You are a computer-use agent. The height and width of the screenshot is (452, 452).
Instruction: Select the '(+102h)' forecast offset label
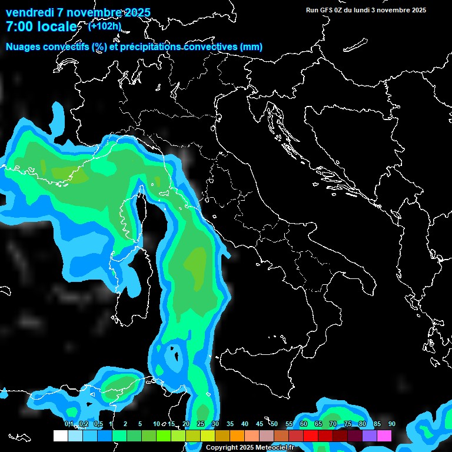coord(105,26)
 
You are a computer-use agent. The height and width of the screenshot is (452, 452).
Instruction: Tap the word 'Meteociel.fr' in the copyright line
coord(277,448)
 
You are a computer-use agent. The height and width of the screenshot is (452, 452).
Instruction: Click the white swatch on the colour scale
coord(61,436)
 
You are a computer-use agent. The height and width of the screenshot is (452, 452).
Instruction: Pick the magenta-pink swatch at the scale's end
coord(384,436)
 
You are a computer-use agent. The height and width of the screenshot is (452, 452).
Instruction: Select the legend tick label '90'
coord(391,424)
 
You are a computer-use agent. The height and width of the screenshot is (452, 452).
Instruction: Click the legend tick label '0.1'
coord(68,424)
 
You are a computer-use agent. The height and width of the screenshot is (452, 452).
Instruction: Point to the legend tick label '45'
coord(260,424)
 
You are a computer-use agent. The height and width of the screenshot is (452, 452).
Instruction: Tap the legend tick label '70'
coord(333,424)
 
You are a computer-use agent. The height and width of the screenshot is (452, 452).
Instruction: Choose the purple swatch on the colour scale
coord(370,436)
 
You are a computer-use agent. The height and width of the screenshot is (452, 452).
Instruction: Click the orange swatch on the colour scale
coord(237,436)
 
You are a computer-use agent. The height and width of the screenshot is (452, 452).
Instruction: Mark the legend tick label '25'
coord(201,424)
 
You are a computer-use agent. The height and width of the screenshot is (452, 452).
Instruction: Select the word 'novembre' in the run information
coord(391,10)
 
